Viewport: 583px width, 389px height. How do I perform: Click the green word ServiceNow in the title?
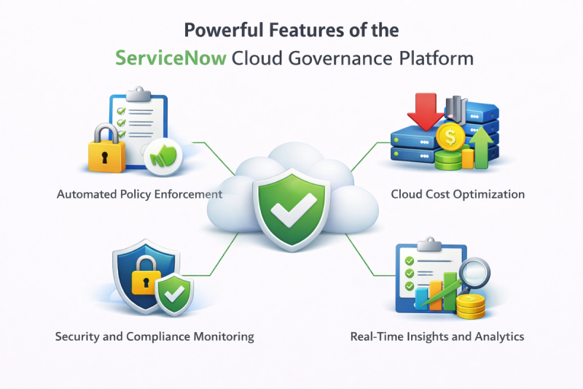171,58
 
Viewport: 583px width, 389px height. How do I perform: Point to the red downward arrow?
426,111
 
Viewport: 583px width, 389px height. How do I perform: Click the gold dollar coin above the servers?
450,136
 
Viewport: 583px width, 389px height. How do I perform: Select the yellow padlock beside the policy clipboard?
106,149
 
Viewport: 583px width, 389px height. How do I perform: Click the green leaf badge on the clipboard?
163,155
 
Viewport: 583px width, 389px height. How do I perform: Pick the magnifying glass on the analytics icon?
474,272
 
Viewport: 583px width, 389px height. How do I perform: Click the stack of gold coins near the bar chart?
470,306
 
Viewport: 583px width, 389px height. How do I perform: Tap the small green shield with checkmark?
174,294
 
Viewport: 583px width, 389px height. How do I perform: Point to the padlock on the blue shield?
145,275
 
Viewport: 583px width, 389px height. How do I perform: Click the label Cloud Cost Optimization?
458,194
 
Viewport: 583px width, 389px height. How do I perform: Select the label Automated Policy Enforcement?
139,194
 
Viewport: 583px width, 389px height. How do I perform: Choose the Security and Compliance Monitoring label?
154,336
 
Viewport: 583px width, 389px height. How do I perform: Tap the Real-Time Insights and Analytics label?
437,336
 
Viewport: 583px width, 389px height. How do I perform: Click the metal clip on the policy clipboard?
138,94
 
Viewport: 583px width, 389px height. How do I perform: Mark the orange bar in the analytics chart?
436,295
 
